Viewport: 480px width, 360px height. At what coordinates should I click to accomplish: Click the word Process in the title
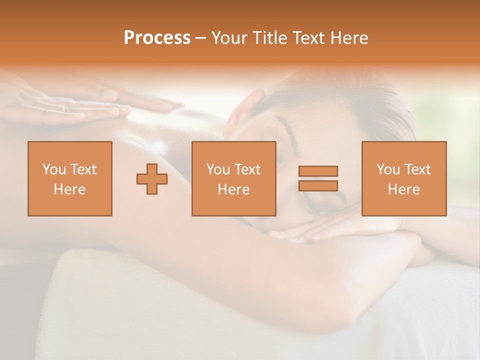coord(157,38)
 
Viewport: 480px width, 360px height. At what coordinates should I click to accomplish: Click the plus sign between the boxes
coord(152,178)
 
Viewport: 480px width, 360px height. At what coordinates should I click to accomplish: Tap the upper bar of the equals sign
coord(318,171)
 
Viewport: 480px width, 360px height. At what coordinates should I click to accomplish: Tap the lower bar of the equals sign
coord(318,185)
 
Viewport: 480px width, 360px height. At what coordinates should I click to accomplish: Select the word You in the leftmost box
coord(53,169)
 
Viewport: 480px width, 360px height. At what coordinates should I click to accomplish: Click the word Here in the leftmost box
coord(69,189)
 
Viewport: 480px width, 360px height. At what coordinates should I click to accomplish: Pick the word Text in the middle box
coord(247,169)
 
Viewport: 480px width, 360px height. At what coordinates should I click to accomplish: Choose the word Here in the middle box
coord(233,189)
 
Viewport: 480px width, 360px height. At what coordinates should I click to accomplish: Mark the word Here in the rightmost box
coord(403,189)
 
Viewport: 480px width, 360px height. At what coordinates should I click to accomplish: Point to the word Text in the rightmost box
coord(417,169)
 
